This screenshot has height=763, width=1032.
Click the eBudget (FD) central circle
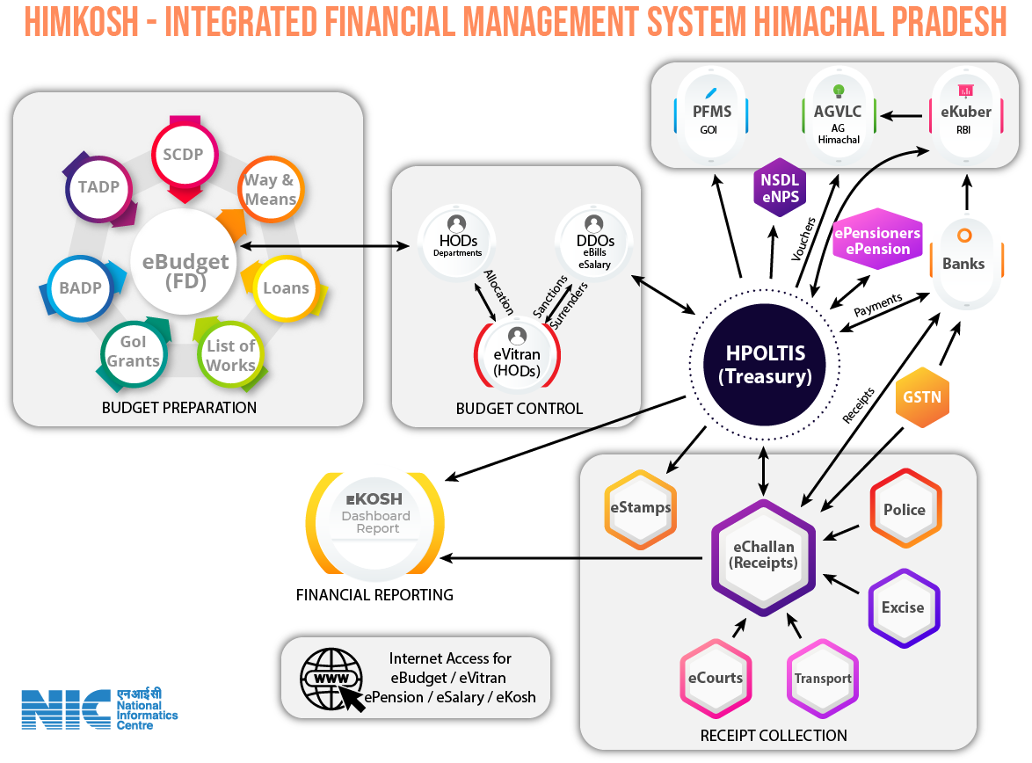pyautogui.click(x=184, y=272)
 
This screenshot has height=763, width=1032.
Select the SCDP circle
pyautogui.click(x=184, y=155)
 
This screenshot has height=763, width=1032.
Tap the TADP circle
pyautogui.click(x=98, y=187)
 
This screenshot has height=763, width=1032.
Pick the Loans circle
pyautogui.click(x=286, y=288)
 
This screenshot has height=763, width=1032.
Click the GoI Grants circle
pyautogui.click(x=134, y=352)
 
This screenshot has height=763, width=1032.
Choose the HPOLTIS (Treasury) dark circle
pyautogui.click(x=766, y=365)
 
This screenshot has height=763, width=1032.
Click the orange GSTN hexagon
pyautogui.click(x=921, y=396)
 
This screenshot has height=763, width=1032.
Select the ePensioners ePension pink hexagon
pyautogui.click(x=877, y=242)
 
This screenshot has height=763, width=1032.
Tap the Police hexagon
pyautogui.click(x=905, y=510)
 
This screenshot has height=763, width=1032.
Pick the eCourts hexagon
pyautogui.click(x=716, y=678)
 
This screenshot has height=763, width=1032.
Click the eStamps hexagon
pyautogui.click(x=640, y=507)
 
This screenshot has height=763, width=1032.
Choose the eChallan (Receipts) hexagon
pyautogui.click(x=763, y=554)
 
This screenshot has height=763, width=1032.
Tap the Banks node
pyautogui.click(x=963, y=263)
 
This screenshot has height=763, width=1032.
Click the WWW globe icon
pyautogui.click(x=331, y=679)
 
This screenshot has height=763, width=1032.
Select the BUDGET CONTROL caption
pyautogui.click(x=519, y=409)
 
